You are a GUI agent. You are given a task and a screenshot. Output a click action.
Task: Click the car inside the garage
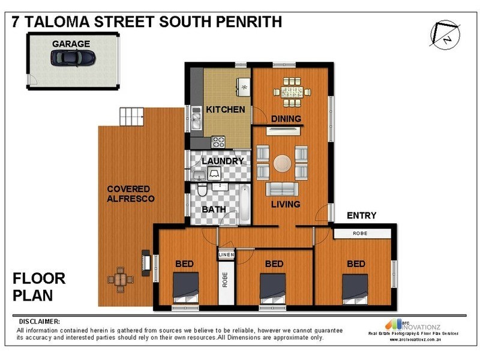(x=73, y=58)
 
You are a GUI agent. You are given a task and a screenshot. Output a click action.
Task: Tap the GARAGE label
(x=71, y=44)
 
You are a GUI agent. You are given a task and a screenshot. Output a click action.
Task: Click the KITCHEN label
(x=225, y=109)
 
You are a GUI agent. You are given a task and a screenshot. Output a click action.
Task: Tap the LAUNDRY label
(x=223, y=161)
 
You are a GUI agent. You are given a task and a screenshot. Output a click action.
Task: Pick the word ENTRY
(x=361, y=215)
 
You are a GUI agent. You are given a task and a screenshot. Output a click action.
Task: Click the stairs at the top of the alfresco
(x=132, y=115)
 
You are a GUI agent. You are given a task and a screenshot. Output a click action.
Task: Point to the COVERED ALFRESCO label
(x=131, y=194)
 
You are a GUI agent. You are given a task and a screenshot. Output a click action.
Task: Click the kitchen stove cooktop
(x=218, y=142)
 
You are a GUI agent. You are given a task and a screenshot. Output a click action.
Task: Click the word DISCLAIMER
(x=40, y=321)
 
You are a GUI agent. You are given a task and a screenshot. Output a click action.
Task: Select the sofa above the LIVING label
(x=281, y=190)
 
